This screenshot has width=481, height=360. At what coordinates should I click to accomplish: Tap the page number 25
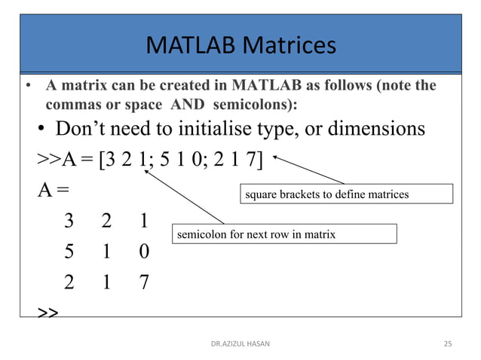(447, 344)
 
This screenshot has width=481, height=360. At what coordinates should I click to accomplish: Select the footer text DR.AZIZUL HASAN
(240, 344)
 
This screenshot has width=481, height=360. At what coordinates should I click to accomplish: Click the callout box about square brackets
(347, 194)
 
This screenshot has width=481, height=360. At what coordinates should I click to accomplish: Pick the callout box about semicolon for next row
(284, 234)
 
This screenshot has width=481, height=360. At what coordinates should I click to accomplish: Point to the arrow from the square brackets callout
(308, 170)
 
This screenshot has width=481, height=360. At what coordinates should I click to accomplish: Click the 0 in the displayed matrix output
(143, 251)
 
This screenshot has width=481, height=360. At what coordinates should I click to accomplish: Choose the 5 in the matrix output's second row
(69, 251)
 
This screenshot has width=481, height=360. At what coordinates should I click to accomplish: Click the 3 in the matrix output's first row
(69, 221)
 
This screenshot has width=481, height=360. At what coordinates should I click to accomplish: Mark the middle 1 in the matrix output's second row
(106, 251)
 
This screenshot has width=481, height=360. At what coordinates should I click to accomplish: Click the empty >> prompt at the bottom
(47, 311)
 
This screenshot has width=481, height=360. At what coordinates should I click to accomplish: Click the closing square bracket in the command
(260, 160)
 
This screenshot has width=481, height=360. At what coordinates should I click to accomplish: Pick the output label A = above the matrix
(54, 190)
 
